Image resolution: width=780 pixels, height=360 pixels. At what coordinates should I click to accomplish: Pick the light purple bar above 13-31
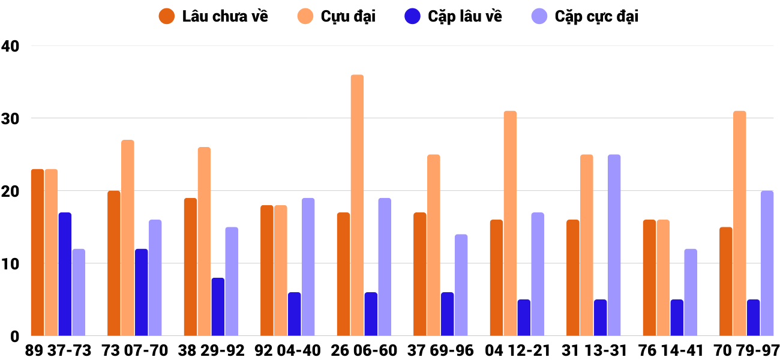tap(614, 245)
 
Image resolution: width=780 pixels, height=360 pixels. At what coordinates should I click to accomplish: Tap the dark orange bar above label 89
tap(37, 253)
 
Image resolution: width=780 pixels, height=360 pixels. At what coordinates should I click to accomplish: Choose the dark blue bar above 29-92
tap(218, 307)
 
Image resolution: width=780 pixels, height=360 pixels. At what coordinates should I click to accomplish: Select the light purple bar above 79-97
tap(767, 263)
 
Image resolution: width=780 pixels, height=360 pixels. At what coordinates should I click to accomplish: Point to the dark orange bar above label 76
tap(649, 278)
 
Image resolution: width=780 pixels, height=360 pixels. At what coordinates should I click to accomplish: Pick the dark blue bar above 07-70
tap(142, 292)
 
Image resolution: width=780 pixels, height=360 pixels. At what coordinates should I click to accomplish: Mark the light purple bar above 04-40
tap(308, 267)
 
